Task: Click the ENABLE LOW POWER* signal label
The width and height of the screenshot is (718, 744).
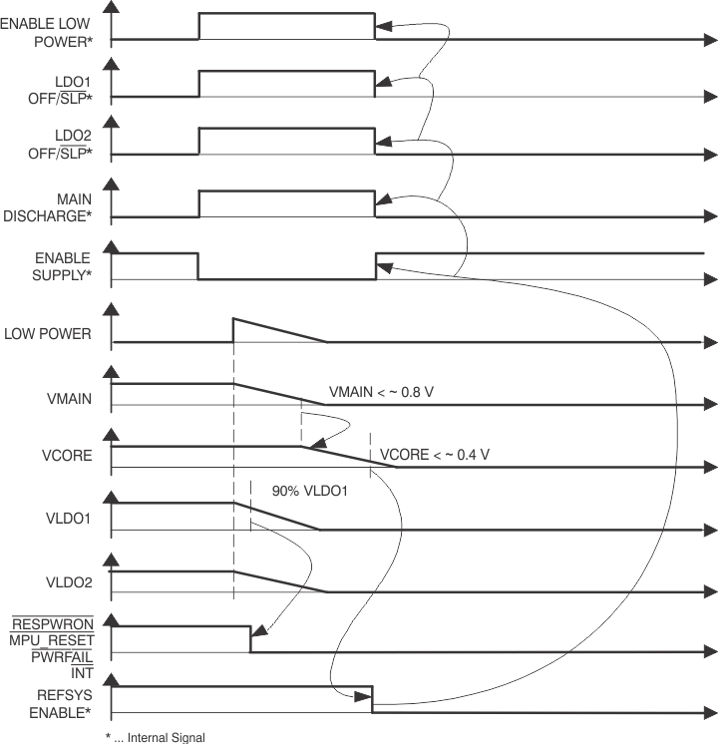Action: point(47,31)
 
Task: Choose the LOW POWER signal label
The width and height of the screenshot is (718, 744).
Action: point(47,335)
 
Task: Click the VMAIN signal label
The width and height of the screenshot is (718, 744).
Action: point(69,399)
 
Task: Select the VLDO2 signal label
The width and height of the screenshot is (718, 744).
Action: point(69,580)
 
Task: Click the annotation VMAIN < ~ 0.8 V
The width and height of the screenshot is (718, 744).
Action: point(381,392)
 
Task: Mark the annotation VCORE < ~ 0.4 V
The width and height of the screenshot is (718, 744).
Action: point(435,455)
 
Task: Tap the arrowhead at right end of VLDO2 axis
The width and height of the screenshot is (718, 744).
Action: point(709,592)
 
